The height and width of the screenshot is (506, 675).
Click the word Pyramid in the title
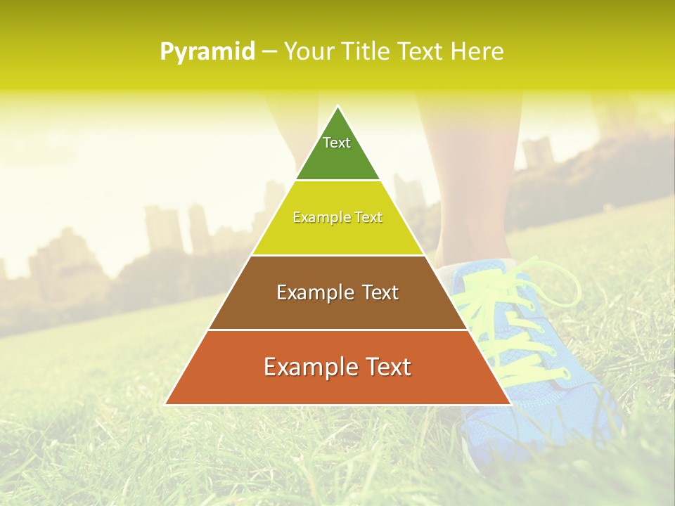point(207,52)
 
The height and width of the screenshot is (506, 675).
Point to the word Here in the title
point(477,52)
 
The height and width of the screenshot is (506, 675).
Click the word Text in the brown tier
point(380,292)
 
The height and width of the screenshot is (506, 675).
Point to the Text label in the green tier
point(337,143)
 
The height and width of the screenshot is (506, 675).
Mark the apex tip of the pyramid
point(337,107)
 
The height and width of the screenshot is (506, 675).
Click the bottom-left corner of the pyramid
point(166,404)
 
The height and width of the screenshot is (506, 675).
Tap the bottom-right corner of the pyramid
point(510,404)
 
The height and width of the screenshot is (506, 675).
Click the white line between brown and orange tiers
point(337,330)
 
